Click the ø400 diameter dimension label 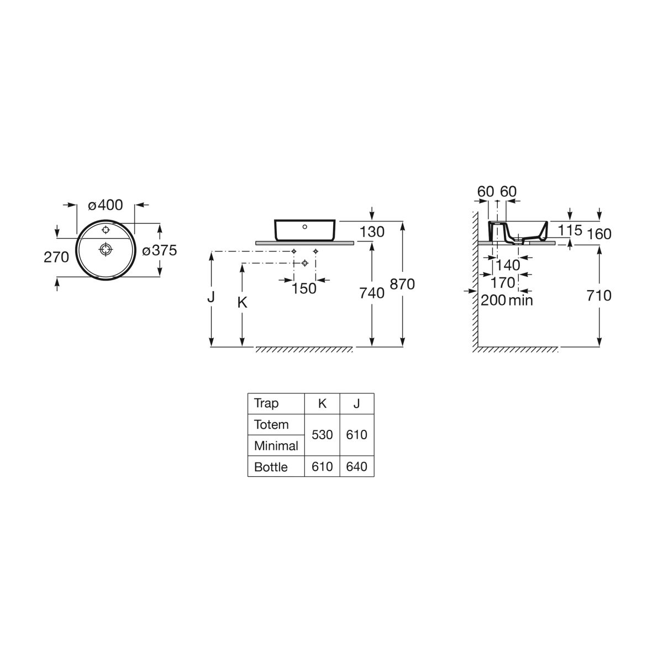(x=106, y=205)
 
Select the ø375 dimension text (x=160, y=250)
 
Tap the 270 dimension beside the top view (x=56, y=257)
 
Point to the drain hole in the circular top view (x=106, y=249)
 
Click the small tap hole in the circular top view (x=106, y=230)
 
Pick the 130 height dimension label (x=372, y=232)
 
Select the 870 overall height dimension (x=402, y=284)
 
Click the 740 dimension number (x=372, y=293)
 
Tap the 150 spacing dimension (x=304, y=288)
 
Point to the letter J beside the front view (x=211, y=297)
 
